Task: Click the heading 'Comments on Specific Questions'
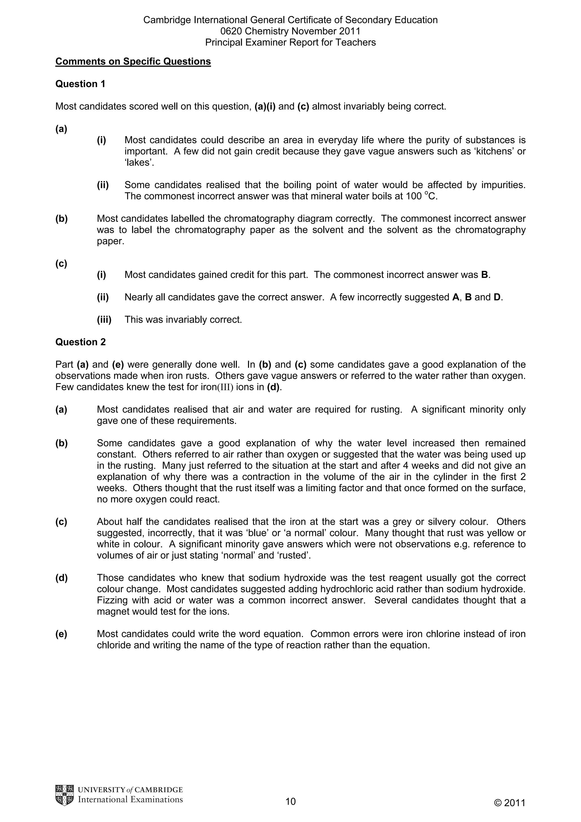(x=133, y=62)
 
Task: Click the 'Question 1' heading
(x=80, y=84)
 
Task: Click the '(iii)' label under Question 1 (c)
(x=104, y=319)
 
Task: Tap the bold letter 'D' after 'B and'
(x=497, y=297)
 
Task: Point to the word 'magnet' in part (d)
(x=113, y=612)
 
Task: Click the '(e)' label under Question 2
(x=61, y=634)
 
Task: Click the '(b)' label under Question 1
(x=61, y=218)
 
